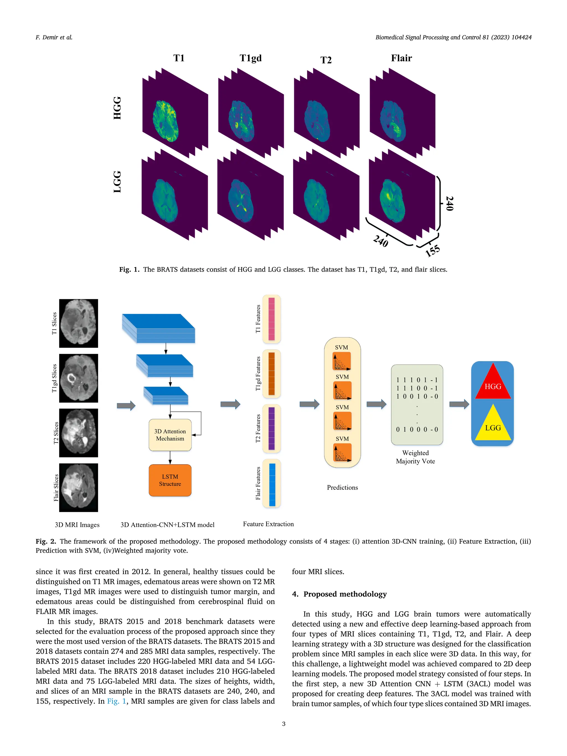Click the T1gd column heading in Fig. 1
point(251,58)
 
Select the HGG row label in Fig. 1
point(117,108)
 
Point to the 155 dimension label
point(432,251)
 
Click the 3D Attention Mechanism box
point(170,435)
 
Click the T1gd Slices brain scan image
point(78,378)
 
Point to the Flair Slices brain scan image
point(78,487)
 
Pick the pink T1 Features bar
point(271,319)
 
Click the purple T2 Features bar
point(271,428)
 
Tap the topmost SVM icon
point(342,361)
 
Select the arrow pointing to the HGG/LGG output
point(459,404)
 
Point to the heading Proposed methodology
point(345,594)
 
